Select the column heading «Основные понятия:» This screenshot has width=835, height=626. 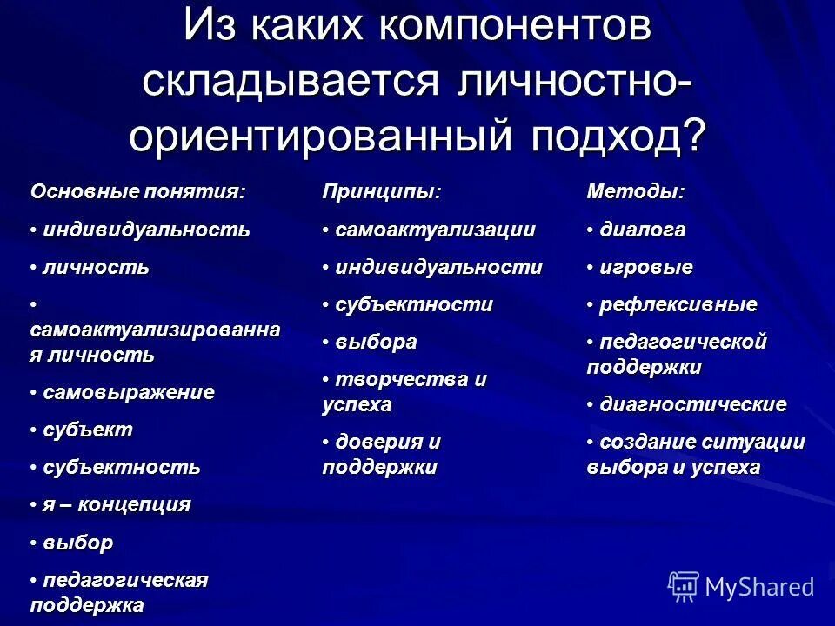tap(138, 192)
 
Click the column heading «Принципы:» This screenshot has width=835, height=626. tap(382, 192)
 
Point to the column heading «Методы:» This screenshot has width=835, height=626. tap(636, 192)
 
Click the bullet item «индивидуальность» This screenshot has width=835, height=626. tap(146, 230)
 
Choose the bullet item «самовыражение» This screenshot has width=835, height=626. tap(129, 392)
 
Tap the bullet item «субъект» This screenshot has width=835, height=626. tap(88, 430)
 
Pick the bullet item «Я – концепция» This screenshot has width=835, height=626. tap(117, 504)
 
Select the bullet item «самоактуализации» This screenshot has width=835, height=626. tap(435, 230)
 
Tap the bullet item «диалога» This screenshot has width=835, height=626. tap(642, 230)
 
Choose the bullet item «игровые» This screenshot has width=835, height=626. tap(646, 268)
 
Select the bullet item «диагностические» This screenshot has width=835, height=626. tap(693, 404)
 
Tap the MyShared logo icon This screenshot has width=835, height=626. tap(684, 586)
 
